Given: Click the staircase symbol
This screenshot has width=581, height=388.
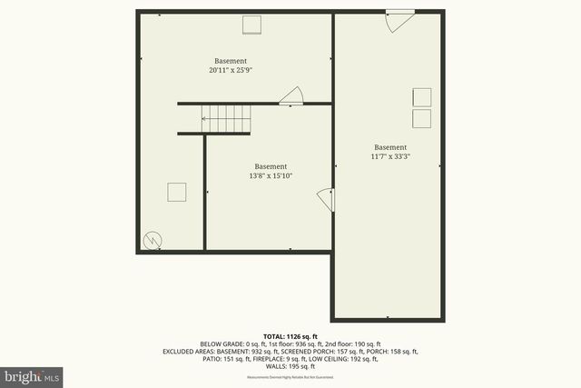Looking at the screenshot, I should click(x=225, y=117).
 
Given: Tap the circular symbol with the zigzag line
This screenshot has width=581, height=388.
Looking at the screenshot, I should click(x=153, y=240).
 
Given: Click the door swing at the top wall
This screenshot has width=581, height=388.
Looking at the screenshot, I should click(x=398, y=21).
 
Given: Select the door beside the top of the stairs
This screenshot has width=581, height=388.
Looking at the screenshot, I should click(x=291, y=96).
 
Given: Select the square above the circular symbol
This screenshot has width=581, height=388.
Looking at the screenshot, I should click(x=176, y=192).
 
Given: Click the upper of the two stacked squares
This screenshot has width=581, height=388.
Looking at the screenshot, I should click(x=421, y=97).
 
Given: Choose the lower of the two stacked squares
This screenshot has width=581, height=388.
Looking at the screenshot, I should click(x=421, y=118).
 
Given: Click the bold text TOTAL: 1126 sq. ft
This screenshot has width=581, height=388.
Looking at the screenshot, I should click(x=290, y=334).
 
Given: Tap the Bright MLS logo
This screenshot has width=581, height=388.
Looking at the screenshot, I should click(x=33, y=375).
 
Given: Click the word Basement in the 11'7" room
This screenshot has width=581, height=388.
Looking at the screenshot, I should click(x=390, y=147).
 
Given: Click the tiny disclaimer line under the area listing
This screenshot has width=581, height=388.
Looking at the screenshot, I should click(x=290, y=376).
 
